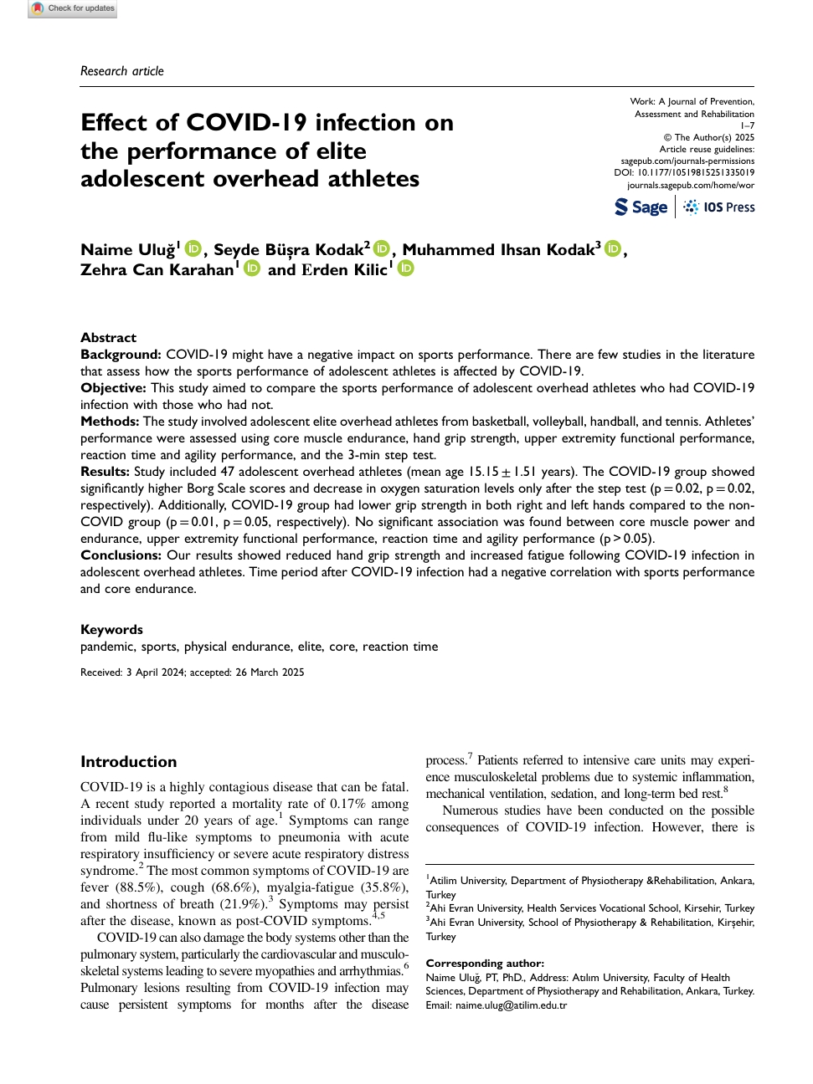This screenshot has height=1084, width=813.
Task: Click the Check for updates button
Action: (73, 8)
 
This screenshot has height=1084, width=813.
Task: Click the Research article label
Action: (122, 71)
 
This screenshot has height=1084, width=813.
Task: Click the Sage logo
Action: (641, 207)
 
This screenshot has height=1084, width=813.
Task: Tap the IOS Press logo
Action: (719, 207)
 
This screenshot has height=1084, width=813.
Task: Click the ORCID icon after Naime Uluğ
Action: (193, 248)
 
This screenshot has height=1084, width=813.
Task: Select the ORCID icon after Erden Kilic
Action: (406, 268)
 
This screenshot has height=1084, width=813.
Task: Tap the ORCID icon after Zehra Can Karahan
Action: (252, 268)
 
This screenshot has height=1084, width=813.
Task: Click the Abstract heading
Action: (108, 338)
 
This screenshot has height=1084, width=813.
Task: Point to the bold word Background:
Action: (121, 355)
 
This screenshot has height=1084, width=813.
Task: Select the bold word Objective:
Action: (113, 388)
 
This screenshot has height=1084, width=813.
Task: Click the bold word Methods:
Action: (110, 422)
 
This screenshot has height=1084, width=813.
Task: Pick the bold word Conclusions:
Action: (121, 555)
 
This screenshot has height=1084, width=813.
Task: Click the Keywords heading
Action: (111, 630)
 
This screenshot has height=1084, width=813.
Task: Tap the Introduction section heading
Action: (128, 762)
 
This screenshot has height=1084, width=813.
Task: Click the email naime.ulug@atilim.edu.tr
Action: (511, 1005)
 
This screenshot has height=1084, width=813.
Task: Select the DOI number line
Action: (684, 173)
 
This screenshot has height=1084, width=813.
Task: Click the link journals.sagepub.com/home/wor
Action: (691, 185)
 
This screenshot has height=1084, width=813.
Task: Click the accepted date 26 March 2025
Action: (270, 672)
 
